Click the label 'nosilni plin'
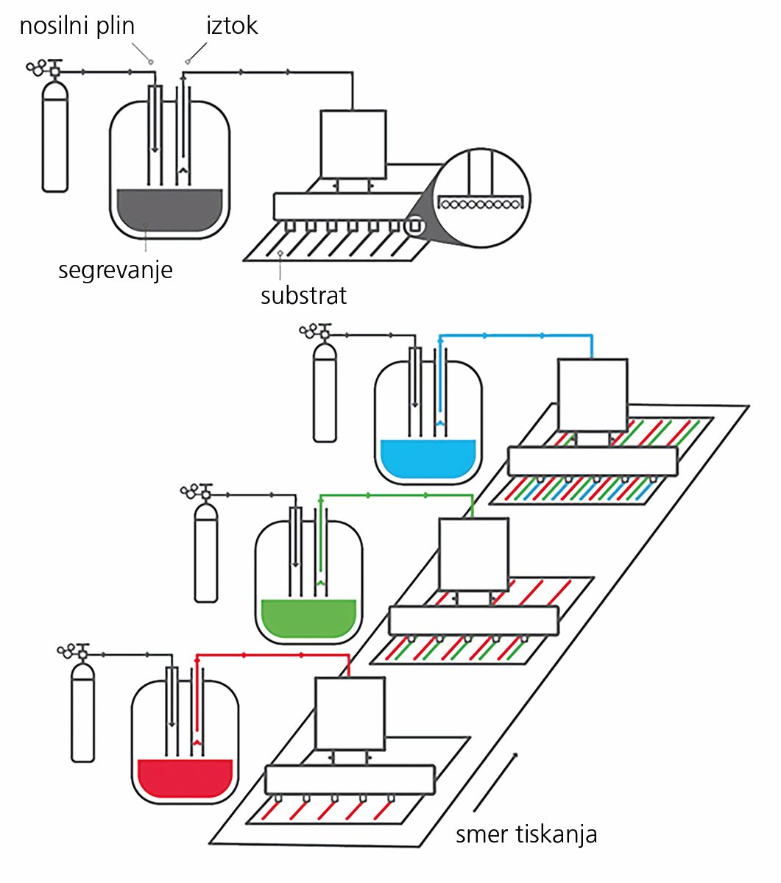77,26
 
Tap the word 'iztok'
232,26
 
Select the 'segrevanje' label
116,271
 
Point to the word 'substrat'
303,296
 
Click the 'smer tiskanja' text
526,834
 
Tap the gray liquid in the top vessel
169,210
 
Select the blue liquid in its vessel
428,458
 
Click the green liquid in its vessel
308,618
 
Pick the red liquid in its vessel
185,779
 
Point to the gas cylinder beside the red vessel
83,712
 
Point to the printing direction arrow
495,782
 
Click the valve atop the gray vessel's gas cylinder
44,68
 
